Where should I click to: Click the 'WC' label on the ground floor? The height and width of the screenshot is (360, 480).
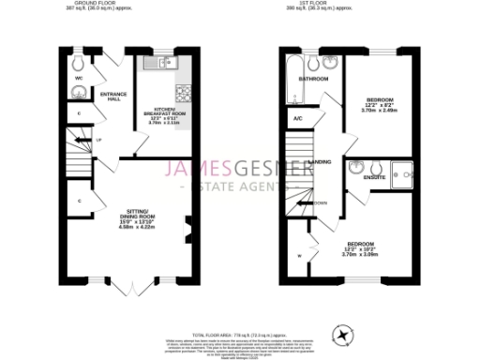(80, 78)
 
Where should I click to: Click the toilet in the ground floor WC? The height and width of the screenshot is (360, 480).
(80, 62)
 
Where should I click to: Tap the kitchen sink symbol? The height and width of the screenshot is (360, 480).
(165, 64)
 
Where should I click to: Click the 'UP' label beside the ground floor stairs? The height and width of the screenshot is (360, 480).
(97, 140)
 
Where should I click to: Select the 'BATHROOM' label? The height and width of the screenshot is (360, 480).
(312, 79)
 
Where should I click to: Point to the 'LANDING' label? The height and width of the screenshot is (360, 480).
(320, 161)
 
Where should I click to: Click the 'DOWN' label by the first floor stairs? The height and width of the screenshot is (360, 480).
(320, 203)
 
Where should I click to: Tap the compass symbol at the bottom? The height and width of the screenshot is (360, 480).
(343, 334)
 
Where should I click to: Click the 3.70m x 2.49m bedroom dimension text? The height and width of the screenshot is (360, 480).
(380, 110)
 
